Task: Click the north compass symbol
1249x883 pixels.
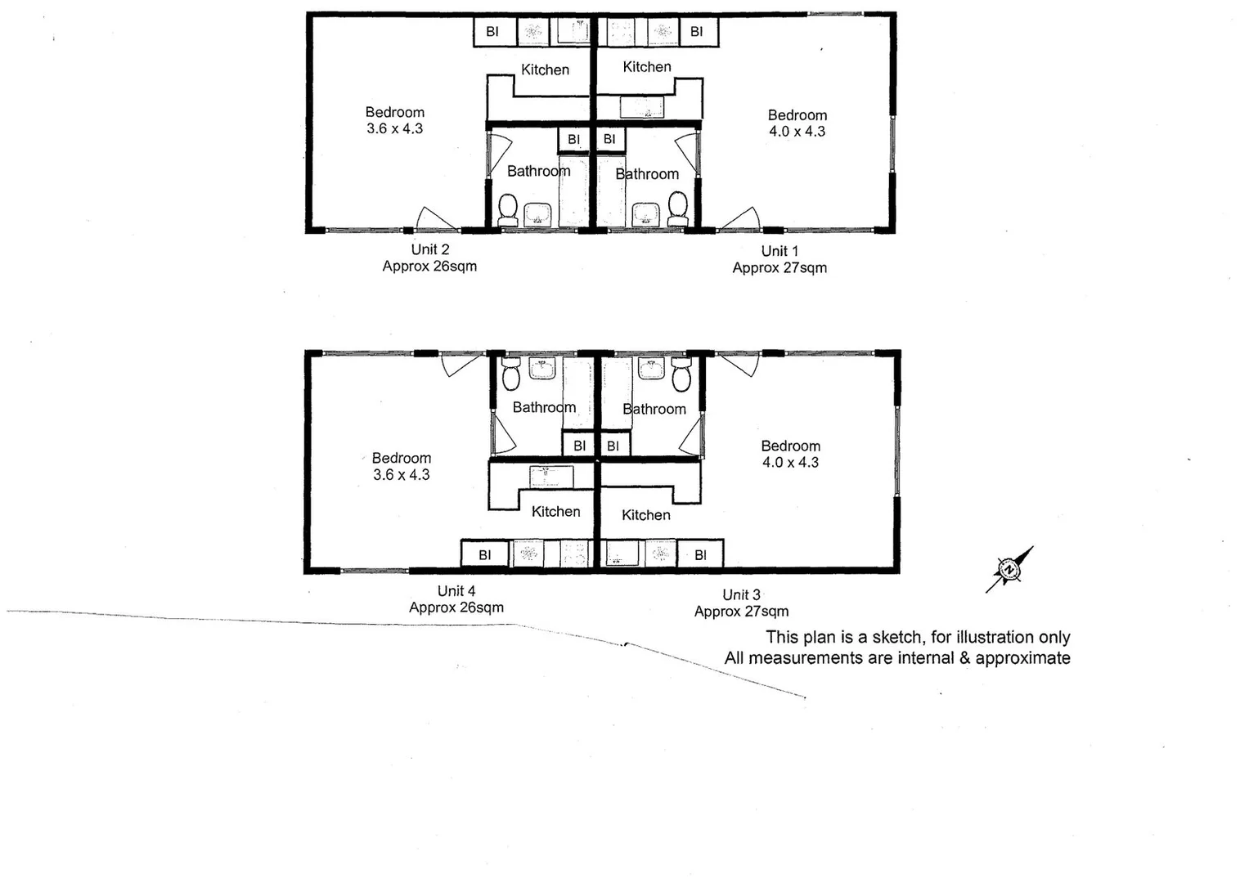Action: [1009, 569]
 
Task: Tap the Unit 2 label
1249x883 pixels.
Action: [429, 249]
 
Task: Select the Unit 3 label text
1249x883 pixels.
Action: [741, 594]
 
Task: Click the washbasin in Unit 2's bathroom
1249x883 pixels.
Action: [538, 214]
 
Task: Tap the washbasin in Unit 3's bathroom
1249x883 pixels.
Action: [651, 369]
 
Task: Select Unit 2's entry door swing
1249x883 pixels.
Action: [435, 219]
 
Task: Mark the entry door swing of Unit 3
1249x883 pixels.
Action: [739, 365]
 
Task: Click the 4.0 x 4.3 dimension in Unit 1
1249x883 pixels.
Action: [797, 132]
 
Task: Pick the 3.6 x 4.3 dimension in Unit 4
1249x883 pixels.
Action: [401, 475]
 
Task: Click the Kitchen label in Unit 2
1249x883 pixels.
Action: [545, 69]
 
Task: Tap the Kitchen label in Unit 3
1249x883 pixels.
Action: [645, 515]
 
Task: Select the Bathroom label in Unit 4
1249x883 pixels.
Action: [544, 407]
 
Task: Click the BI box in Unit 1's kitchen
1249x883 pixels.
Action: [696, 32]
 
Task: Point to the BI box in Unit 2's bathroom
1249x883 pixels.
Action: [573, 139]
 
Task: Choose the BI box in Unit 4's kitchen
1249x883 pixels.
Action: [484, 554]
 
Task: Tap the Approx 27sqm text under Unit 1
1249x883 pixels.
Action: [780, 268]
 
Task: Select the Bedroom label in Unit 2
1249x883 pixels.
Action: [394, 112]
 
